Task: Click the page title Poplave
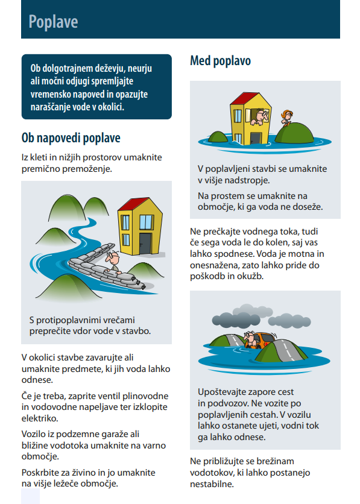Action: [x=53, y=22]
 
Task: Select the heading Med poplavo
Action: [x=220, y=61]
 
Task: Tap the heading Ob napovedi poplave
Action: [x=71, y=137]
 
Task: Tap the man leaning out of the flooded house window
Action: [x=262, y=115]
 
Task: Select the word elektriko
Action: [x=40, y=418]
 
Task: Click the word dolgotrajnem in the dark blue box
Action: [x=71, y=69]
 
